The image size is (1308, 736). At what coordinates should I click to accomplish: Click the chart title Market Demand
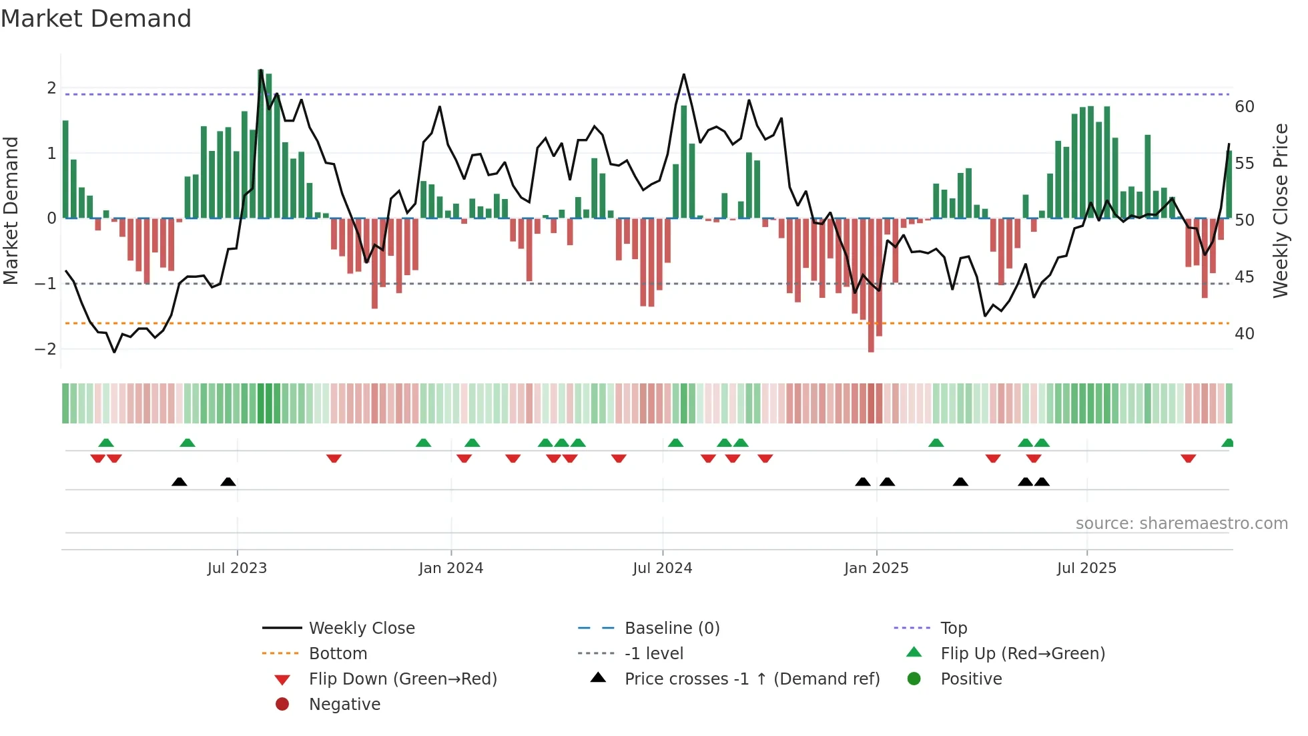[96, 19]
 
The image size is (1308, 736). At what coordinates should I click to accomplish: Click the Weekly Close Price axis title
[1280, 210]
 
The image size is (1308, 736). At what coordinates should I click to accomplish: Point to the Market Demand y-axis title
[11, 210]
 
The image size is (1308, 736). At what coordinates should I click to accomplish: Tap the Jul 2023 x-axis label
[237, 568]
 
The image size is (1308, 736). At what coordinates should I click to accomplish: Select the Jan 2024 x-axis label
[451, 568]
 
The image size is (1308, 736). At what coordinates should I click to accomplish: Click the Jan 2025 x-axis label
[876, 568]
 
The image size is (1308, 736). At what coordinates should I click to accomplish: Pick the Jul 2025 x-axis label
[1086, 568]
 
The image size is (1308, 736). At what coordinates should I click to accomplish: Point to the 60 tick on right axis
[1244, 107]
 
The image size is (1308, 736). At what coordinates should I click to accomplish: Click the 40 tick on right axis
[1244, 333]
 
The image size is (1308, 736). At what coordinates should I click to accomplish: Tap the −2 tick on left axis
[45, 349]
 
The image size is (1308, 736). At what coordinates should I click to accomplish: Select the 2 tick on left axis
[51, 88]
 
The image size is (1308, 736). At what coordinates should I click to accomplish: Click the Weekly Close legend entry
[361, 628]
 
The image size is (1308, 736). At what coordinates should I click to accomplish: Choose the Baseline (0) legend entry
[671, 628]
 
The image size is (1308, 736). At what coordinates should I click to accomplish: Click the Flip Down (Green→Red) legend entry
[402, 679]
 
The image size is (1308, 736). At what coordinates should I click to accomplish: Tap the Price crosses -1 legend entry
[751, 679]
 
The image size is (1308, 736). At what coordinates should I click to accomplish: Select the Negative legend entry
[344, 705]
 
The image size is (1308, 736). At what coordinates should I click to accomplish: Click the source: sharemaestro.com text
[1181, 524]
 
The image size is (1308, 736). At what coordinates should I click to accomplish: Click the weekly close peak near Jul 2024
[684, 74]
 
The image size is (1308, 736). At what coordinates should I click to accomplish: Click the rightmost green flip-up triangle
[1227, 443]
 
